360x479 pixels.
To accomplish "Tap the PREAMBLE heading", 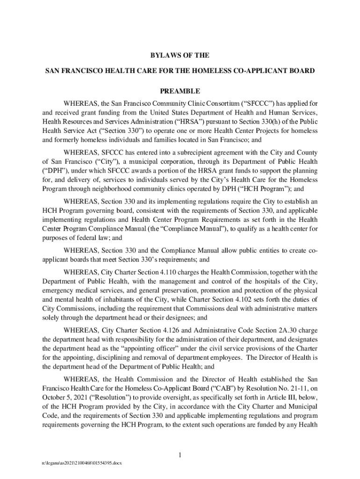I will (x=180, y=91).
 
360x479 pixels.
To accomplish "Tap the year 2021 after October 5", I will (x=79, y=397).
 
